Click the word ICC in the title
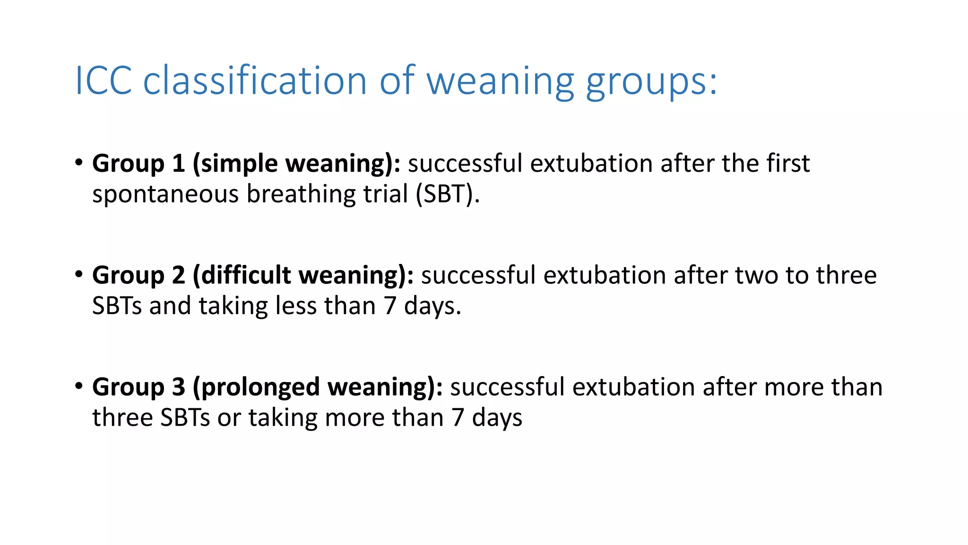[x=103, y=81]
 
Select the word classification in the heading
[x=255, y=81]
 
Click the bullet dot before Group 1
[x=79, y=162]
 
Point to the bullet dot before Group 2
[x=79, y=274]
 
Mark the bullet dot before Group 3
[x=79, y=386]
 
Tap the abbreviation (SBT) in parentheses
[x=447, y=194]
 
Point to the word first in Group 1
[x=788, y=164]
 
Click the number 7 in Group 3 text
[x=458, y=418]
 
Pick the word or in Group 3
[x=229, y=418]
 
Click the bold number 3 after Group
[x=178, y=387]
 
